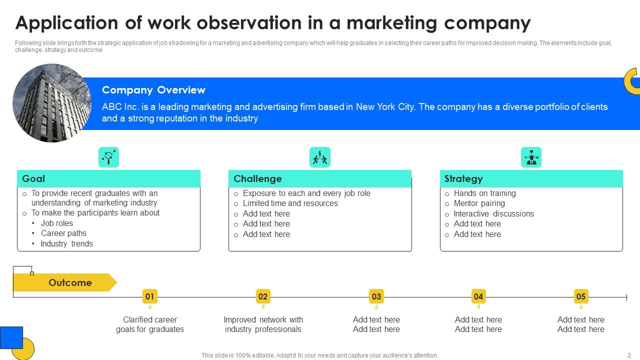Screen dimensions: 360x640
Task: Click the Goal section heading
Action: tap(33, 178)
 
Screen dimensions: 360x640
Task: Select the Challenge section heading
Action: tap(257, 178)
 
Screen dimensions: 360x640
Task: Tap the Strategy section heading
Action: tap(463, 178)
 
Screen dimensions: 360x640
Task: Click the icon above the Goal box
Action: tap(108, 157)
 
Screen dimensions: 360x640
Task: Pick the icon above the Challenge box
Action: tap(320, 157)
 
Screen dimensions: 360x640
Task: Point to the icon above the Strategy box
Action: tap(531, 157)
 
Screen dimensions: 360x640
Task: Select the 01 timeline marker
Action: tap(149, 296)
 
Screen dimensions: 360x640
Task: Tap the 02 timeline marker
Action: tap(263, 296)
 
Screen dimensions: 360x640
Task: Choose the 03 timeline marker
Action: tap(376, 296)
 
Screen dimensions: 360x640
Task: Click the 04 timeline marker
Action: tap(478, 296)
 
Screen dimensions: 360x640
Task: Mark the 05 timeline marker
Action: tap(580, 296)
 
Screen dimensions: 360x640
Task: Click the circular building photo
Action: tap(52, 103)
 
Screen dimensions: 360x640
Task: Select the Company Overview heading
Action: tap(153, 90)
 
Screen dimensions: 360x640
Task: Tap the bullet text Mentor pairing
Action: tap(479, 203)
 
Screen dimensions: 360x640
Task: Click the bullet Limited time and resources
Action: tap(290, 203)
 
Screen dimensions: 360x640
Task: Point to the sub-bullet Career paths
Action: tap(63, 233)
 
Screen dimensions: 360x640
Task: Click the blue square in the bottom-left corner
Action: tap(11, 337)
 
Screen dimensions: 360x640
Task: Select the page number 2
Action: tap(629, 355)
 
